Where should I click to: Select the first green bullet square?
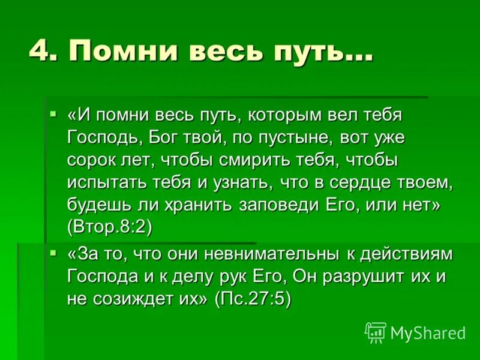point(53,113)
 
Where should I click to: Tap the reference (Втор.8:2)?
point(110,228)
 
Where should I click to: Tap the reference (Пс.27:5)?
point(253,299)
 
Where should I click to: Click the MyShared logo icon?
point(375,332)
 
